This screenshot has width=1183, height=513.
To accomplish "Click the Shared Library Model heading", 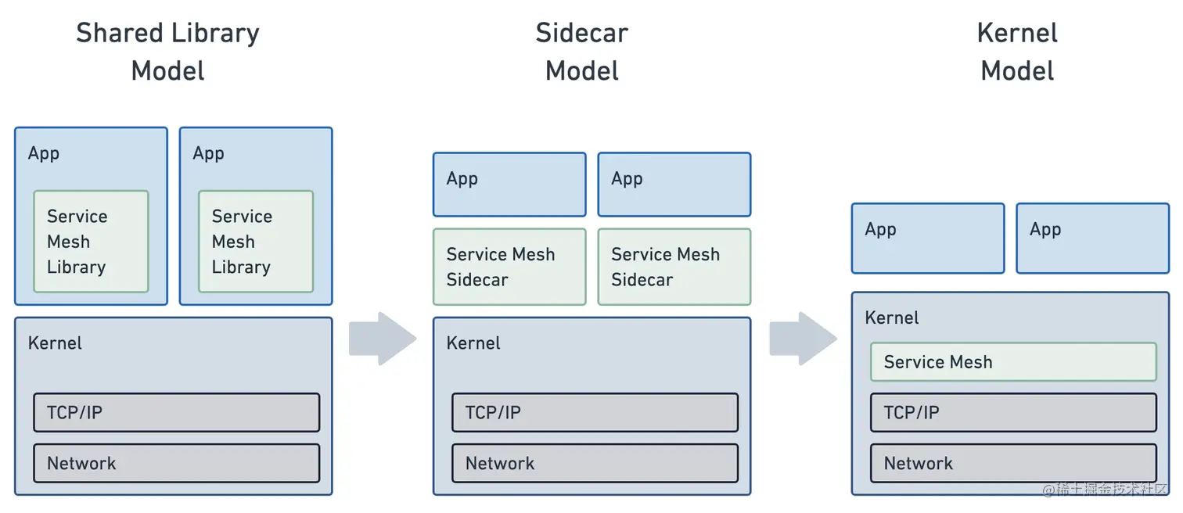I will [x=167, y=52].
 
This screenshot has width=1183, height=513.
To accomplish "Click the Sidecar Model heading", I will [x=581, y=52].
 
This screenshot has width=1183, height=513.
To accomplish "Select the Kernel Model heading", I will [x=1017, y=52].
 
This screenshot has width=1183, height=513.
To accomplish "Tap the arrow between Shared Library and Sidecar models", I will [x=382, y=339].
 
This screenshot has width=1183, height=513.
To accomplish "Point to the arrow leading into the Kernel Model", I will [x=802, y=339].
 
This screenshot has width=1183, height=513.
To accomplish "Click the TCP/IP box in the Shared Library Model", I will [x=176, y=412].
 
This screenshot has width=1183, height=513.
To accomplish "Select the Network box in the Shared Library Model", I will [x=176, y=463].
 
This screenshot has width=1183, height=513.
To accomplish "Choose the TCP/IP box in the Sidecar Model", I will [x=595, y=412].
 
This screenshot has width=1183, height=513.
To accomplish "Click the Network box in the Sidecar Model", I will [x=595, y=463].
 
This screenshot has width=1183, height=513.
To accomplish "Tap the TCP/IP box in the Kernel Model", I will [x=1013, y=412].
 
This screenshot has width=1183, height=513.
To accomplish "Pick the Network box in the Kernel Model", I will [x=1013, y=463].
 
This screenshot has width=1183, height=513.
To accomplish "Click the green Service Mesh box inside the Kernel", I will [x=1013, y=362].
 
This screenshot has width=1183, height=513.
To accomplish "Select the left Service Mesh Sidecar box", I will [x=509, y=267].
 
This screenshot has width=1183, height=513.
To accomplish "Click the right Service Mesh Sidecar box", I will [x=674, y=267].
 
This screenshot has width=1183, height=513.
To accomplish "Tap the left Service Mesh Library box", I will [x=91, y=242].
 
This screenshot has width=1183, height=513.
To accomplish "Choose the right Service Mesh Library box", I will [x=255, y=242].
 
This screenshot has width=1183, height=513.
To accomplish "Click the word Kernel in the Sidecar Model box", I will [x=473, y=343].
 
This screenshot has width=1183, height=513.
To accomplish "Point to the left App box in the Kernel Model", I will [x=927, y=239].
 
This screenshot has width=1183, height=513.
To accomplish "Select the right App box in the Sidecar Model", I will [x=674, y=185].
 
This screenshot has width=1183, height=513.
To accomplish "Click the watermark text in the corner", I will [x=1104, y=490].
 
